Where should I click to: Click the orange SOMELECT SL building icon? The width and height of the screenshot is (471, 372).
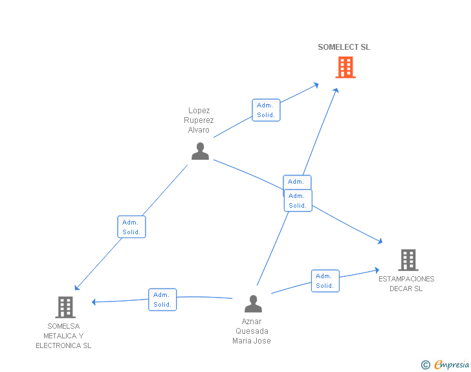[x=345, y=67]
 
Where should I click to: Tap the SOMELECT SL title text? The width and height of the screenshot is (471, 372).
[x=344, y=47]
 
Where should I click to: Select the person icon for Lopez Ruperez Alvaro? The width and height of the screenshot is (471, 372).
[x=200, y=151]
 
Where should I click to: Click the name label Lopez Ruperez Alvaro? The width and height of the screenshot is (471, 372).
[x=199, y=120]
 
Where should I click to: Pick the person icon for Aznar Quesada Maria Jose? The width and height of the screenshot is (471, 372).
[x=253, y=304]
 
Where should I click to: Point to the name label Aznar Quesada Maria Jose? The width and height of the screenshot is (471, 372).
[x=252, y=331]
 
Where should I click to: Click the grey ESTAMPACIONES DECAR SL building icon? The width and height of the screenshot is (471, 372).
[x=408, y=260]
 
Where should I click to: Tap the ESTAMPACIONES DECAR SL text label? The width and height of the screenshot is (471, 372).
[x=406, y=283]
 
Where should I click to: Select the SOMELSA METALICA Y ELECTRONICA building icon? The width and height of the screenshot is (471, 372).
[x=65, y=307]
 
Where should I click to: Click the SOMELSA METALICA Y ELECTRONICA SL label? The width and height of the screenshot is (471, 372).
[x=63, y=336]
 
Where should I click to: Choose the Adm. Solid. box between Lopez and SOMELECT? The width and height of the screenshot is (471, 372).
[x=266, y=110]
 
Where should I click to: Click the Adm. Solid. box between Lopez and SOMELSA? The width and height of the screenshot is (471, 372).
[x=131, y=227]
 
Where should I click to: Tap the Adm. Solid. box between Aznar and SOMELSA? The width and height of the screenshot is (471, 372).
[x=162, y=300]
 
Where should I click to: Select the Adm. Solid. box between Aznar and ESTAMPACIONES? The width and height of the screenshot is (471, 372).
[x=325, y=281]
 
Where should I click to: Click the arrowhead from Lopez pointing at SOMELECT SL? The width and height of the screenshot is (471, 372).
[x=316, y=85]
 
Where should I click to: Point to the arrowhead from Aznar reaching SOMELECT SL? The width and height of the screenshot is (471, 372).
[x=336, y=90]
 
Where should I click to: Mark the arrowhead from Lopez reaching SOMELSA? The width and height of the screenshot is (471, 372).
[x=77, y=287]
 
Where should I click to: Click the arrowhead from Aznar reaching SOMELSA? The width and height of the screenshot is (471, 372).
[x=94, y=301]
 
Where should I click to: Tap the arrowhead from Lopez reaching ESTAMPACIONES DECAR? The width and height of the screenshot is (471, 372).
[x=380, y=241]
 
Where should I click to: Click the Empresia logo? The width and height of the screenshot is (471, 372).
[x=445, y=365]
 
